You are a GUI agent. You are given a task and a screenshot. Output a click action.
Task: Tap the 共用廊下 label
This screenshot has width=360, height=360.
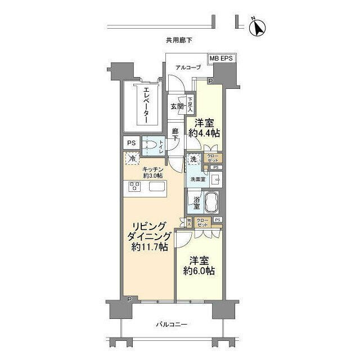coord(179,40)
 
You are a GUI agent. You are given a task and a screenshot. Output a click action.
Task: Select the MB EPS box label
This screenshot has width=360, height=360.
coord(222,58)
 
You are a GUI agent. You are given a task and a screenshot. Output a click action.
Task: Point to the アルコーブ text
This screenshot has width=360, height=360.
coord(187,67)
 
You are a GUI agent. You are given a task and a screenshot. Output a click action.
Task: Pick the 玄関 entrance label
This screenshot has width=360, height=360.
coord(176,106)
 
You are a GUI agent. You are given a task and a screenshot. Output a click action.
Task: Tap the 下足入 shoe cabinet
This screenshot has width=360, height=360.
coord(191,105)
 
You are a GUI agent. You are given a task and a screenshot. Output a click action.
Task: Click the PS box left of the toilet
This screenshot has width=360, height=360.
coord(130,143)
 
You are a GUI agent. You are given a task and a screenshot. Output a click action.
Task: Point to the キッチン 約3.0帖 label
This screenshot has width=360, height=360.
coord(152,172)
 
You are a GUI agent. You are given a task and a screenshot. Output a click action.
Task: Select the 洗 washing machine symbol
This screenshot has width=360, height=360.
coord(193,159)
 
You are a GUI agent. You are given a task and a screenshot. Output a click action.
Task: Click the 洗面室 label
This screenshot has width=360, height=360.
coord(197,180)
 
